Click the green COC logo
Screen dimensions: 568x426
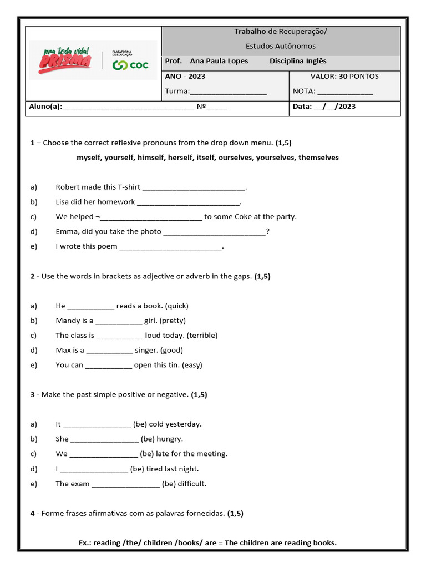(x=130, y=65)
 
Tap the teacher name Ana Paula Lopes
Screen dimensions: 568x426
(x=219, y=61)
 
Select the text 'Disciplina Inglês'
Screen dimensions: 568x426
(x=298, y=61)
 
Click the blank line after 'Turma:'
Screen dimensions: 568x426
(x=228, y=92)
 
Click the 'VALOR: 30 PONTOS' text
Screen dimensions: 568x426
(x=344, y=76)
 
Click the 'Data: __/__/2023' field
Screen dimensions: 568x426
(x=324, y=106)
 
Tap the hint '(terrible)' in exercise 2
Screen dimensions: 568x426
(x=202, y=336)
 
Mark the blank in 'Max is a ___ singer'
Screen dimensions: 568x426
(x=110, y=351)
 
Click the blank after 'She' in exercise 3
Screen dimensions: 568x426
(x=104, y=440)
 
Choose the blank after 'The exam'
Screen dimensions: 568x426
(x=125, y=485)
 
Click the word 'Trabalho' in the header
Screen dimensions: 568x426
(x=250, y=32)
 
